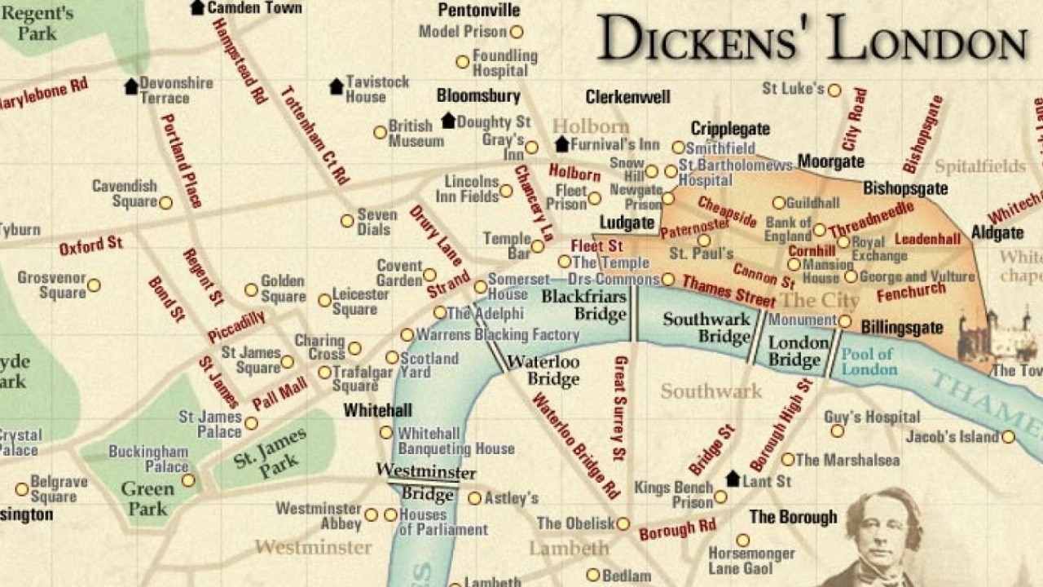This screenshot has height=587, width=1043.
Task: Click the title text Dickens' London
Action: click(x=811, y=39)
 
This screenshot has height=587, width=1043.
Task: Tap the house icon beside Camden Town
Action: click(x=197, y=7)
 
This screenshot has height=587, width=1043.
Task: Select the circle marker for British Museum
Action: click(x=380, y=132)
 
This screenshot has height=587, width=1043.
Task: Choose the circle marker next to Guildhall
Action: click(x=779, y=202)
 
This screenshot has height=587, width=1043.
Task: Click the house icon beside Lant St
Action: click(x=733, y=479)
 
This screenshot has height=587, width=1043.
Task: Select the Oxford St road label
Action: click(x=91, y=245)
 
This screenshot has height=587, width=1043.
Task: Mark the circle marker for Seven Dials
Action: click(x=347, y=221)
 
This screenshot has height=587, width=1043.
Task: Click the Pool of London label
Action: click(x=868, y=361)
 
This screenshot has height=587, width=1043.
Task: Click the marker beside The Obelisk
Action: click(x=623, y=524)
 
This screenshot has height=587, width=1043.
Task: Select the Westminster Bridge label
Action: click(x=425, y=483)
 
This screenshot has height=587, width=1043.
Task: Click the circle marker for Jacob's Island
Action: click(x=1009, y=437)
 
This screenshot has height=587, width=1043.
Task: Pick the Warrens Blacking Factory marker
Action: click(x=407, y=335)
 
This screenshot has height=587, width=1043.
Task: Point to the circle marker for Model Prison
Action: click(x=516, y=33)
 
